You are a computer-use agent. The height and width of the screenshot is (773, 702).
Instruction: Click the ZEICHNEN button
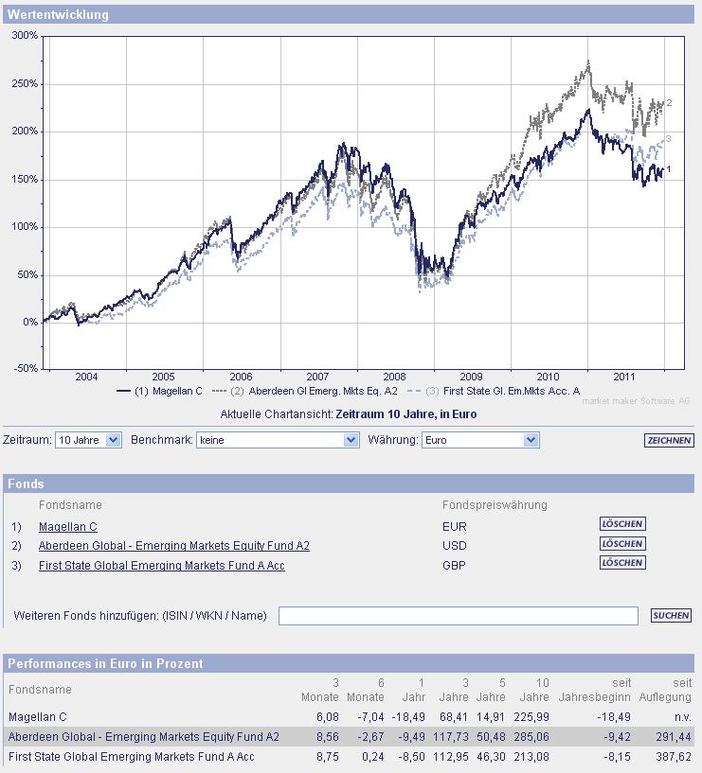[669, 441]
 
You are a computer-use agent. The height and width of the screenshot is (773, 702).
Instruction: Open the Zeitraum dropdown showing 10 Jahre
[88, 440]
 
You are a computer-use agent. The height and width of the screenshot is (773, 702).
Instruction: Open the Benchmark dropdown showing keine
[278, 440]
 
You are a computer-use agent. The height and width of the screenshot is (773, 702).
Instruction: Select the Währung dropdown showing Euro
[479, 440]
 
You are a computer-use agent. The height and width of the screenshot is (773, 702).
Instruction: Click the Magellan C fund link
[68, 527]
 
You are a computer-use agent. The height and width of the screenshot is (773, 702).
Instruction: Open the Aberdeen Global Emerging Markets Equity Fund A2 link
[173, 546]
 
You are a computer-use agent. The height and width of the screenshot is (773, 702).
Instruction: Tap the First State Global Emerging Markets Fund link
[161, 566]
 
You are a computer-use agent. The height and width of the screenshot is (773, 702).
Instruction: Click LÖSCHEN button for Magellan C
[622, 523]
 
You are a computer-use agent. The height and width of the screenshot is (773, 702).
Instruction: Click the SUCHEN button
[671, 616]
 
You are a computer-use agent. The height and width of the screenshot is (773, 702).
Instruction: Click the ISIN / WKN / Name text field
[458, 616]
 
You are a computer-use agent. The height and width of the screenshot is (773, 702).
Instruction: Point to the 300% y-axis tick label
[25, 35]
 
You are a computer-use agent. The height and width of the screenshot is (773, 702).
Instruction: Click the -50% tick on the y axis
[25, 368]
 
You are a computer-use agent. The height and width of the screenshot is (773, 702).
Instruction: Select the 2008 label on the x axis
[394, 377]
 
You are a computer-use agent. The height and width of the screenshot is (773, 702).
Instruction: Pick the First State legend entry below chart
[493, 391]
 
